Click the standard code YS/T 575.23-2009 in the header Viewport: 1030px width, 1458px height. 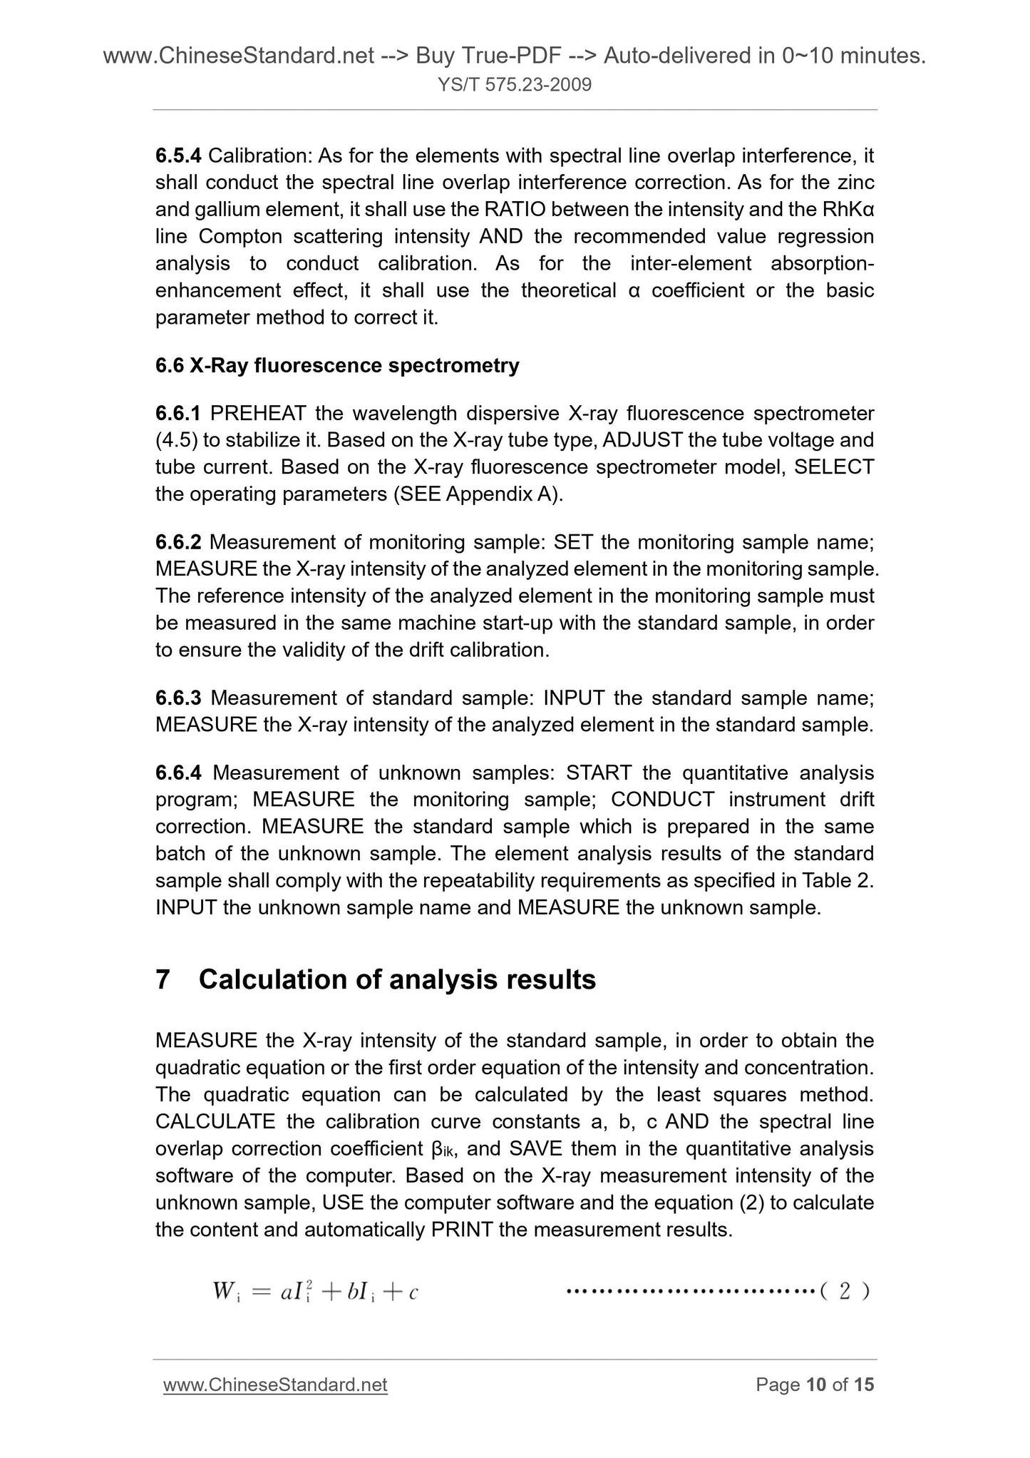(515, 86)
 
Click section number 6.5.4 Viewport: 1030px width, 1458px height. (178, 156)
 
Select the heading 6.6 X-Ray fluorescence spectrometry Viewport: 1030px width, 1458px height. (337, 366)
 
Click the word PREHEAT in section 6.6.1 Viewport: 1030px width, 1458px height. (258, 414)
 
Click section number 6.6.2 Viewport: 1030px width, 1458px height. (178, 543)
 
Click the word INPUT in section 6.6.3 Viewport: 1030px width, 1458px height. (574, 698)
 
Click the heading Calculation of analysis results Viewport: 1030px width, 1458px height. (397, 980)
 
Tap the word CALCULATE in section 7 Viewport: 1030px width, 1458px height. (215, 1122)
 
